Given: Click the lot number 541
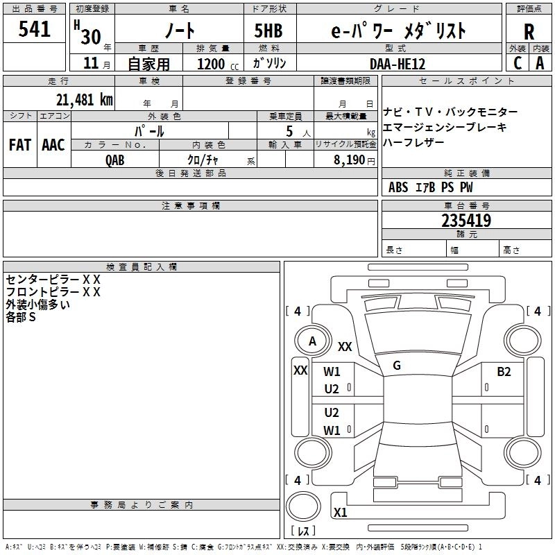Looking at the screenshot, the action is click(x=34, y=29).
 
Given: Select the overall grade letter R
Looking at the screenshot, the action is click(x=529, y=32).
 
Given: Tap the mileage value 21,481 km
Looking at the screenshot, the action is click(x=84, y=100).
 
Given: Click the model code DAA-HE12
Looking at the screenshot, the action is click(x=398, y=64).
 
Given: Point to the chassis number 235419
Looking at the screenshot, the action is click(x=466, y=221).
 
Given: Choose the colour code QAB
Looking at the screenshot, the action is click(x=115, y=160).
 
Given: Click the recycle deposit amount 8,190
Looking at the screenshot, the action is click(x=349, y=160).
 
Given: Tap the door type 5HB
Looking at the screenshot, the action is click(x=268, y=31).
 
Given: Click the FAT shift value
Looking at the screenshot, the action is click(x=20, y=145).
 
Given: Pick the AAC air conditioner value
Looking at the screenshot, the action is click(x=53, y=145).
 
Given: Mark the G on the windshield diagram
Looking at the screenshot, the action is click(x=397, y=366).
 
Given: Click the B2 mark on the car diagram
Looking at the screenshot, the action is click(x=504, y=372).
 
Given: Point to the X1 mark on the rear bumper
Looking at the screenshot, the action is click(x=340, y=512).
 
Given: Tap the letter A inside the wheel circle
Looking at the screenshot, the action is click(x=312, y=341).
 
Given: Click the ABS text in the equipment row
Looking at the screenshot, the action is click(x=398, y=187).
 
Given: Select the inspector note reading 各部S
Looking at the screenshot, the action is click(x=21, y=317).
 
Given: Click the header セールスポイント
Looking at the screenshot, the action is click(x=466, y=81).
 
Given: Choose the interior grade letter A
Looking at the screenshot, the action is click(x=540, y=63).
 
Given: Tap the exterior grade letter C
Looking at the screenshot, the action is click(x=518, y=63).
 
